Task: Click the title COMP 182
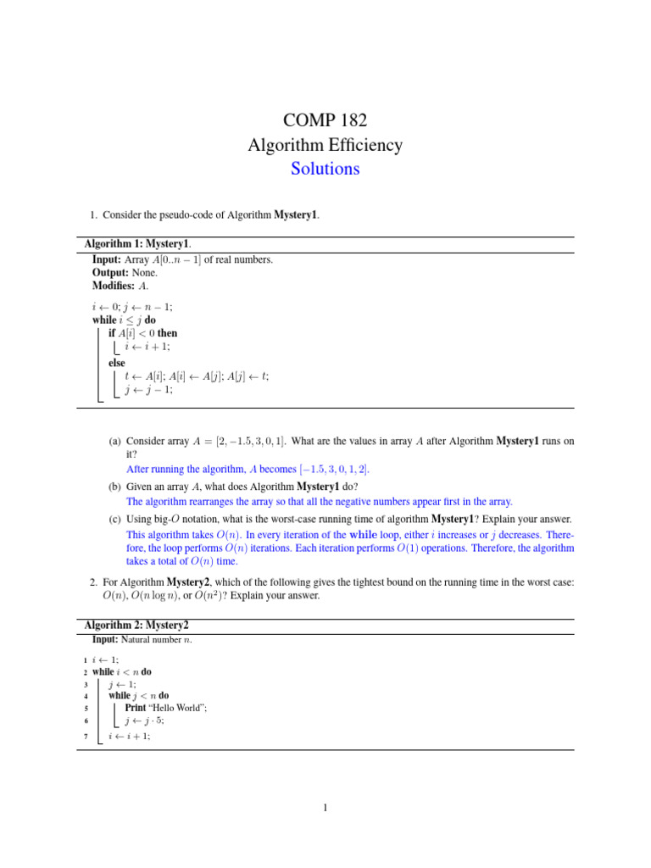pos(325,120)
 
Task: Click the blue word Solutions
pos(325,169)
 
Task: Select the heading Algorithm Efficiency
pos(325,145)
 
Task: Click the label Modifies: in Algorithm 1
pos(114,287)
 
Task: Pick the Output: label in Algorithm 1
pos(110,273)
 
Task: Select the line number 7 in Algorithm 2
pos(86,737)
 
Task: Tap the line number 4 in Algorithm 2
pos(86,696)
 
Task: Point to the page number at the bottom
pos(325,808)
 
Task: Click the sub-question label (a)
pos(114,442)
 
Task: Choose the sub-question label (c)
pos(114,519)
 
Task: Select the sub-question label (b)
pos(114,487)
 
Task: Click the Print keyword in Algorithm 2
pos(135,708)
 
